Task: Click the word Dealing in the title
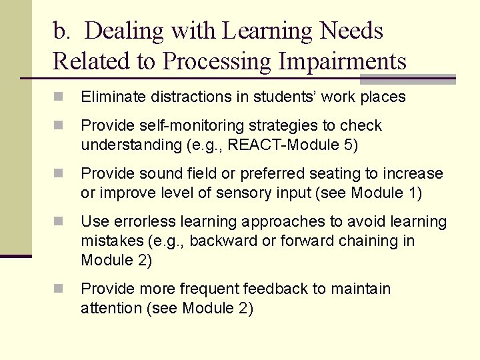pos(125,31)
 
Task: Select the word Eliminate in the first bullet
pos(109,97)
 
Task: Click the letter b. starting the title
pos(61,31)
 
